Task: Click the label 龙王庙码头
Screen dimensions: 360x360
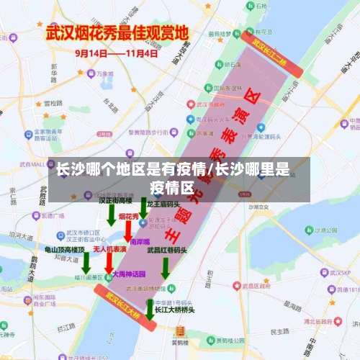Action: [x=162, y=204]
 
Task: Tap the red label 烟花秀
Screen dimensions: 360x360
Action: [x=130, y=216]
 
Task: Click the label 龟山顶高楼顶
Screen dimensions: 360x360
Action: [x=65, y=249]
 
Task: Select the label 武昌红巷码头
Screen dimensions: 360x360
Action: [x=167, y=251]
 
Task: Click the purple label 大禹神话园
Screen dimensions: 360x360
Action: [x=130, y=274]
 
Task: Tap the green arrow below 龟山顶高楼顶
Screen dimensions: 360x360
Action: [x=86, y=264]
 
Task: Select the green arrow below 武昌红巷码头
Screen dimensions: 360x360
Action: [x=165, y=268]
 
